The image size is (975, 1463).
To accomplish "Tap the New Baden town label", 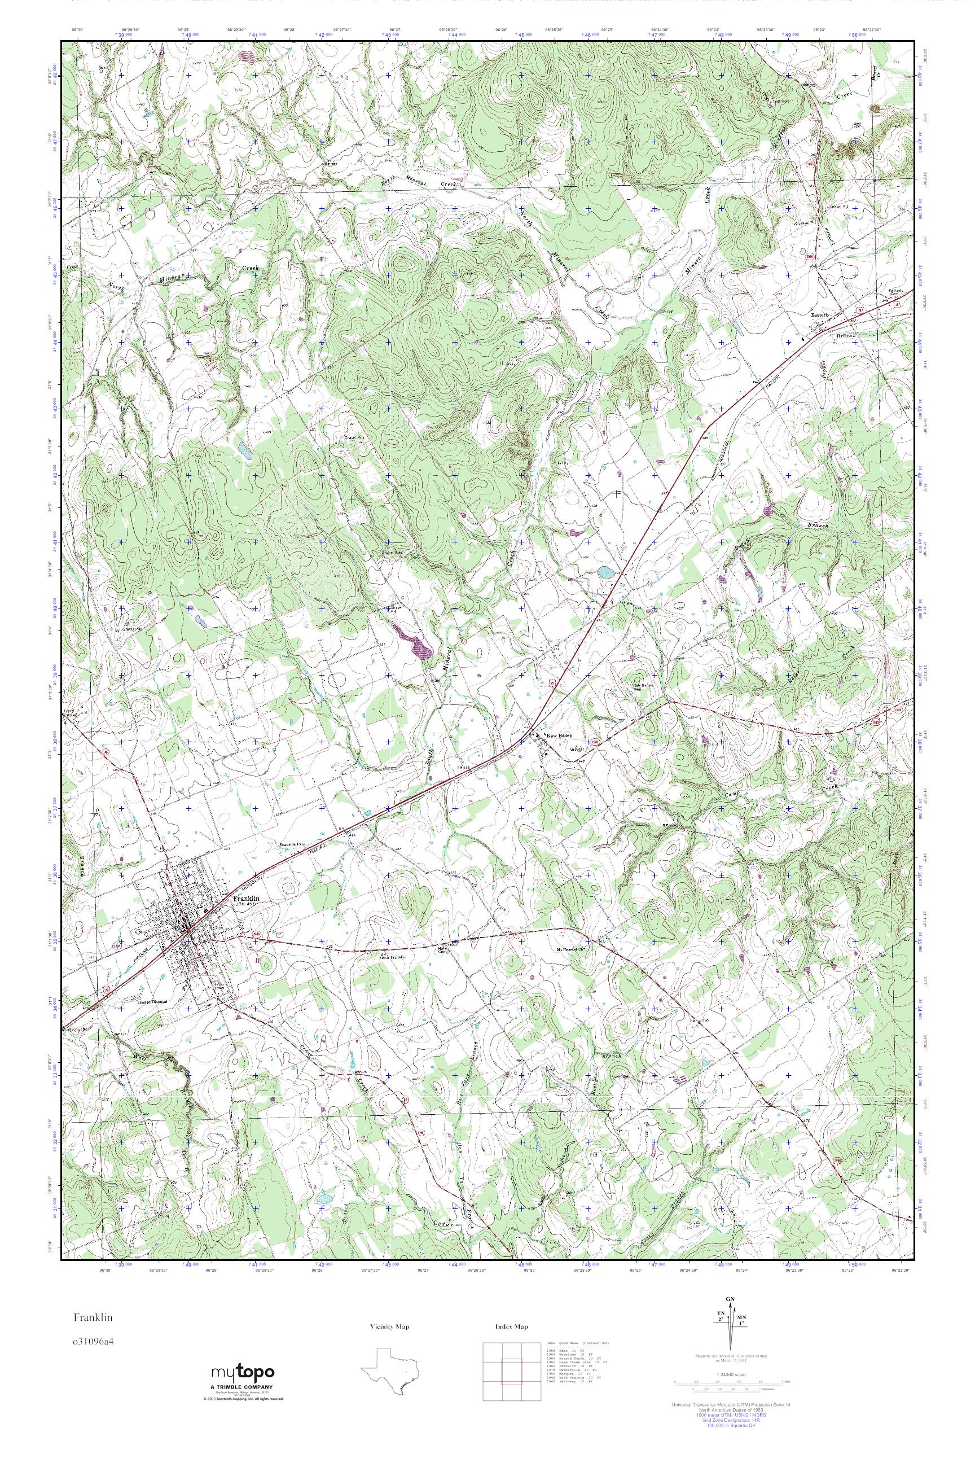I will coord(558,736).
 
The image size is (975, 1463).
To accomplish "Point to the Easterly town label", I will coord(821,316).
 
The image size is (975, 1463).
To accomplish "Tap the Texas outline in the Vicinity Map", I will coord(390,1369).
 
